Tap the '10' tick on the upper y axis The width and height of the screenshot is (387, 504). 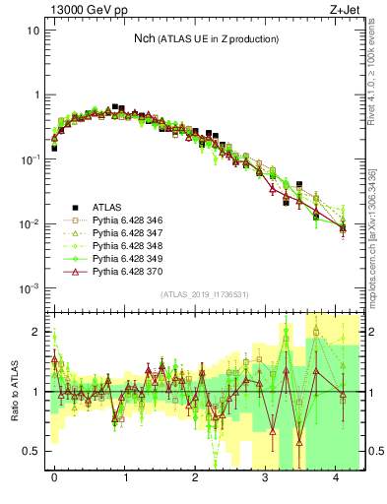[32, 31]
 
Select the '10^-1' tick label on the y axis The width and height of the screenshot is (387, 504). [30, 159]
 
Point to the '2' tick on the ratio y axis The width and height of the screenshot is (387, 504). [37, 332]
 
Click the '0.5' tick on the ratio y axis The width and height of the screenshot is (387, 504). [32, 452]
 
